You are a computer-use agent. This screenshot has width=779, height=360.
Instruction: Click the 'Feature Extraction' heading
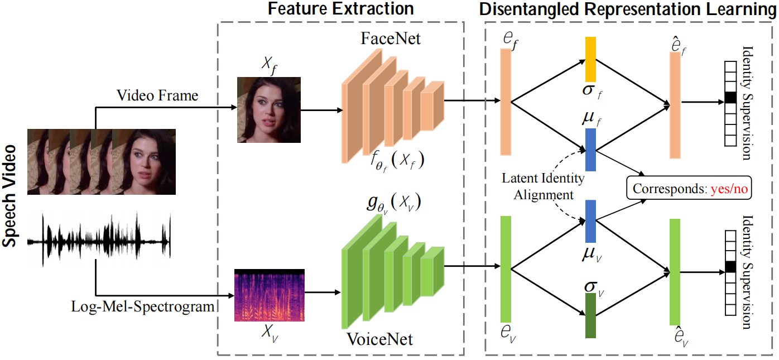coord(340,9)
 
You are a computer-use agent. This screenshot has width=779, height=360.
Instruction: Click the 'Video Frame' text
coord(157,95)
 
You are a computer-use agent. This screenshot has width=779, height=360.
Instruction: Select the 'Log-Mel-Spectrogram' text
coord(143,306)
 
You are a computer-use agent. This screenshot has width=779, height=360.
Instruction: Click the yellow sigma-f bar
coord(591,60)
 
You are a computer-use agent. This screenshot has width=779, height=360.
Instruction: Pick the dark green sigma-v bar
coord(591,315)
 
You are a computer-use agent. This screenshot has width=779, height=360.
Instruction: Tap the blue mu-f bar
coord(591,149)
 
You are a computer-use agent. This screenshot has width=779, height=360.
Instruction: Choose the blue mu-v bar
coord(591,222)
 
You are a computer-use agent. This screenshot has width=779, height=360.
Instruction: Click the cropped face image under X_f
coord(269,109)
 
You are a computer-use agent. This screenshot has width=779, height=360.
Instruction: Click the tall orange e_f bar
coord(506,101)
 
